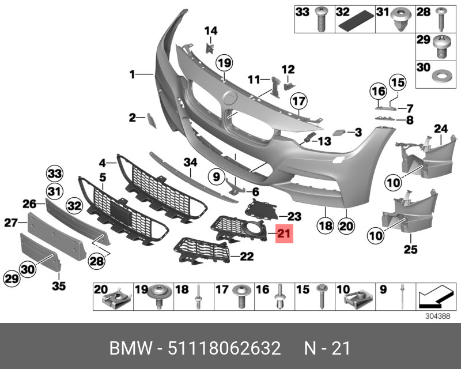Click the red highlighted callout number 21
tap(285, 234)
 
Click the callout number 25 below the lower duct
tap(410, 249)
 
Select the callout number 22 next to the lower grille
tap(247, 256)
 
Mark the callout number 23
tap(294, 216)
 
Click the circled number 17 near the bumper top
tap(297, 103)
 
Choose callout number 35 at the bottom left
tap(59, 285)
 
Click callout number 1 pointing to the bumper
tap(132, 74)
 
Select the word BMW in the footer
tap(130, 349)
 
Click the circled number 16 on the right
tap(377, 91)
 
